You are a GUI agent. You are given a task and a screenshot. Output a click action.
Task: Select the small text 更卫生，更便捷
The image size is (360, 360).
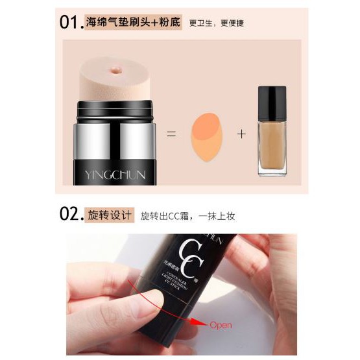tap(216, 23)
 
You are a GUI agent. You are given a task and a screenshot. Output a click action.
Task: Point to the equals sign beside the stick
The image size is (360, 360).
tap(171, 134)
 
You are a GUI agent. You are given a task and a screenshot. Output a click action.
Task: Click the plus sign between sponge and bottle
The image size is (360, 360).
tap(241, 134)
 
